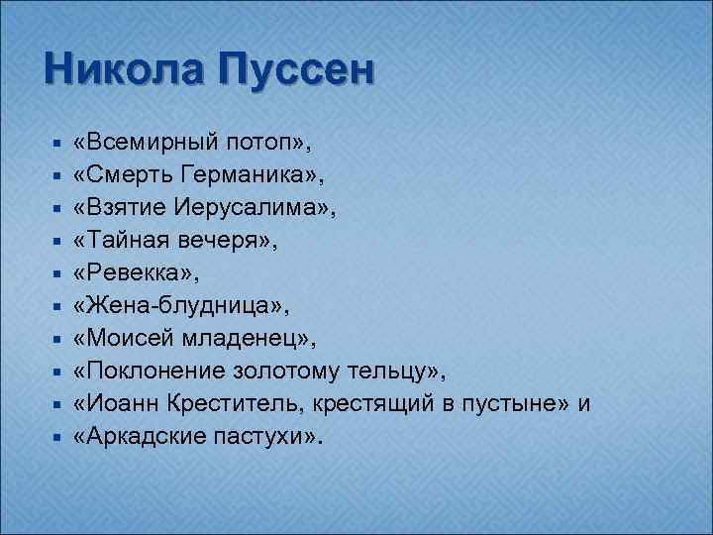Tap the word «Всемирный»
pos(148,144)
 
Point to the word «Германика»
pos(262,176)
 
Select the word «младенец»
pos(248,340)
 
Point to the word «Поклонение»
pos(158,373)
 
